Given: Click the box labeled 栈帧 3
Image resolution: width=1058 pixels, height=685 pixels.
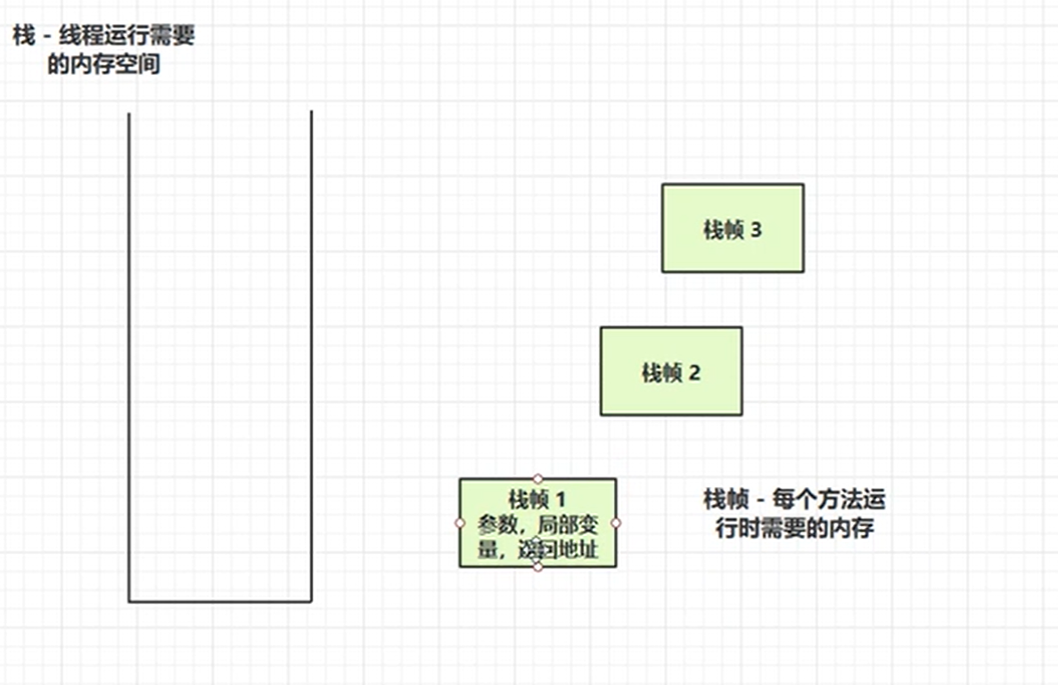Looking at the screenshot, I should coord(733,228).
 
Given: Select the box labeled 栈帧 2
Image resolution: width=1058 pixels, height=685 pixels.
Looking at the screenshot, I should coord(671,371).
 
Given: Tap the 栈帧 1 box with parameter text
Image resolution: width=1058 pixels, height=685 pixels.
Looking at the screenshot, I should coord(537,523).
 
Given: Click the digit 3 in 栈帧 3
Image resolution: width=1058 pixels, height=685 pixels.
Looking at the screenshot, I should coord(756,230).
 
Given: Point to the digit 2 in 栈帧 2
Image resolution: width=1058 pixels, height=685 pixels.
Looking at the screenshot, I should coord(694,373).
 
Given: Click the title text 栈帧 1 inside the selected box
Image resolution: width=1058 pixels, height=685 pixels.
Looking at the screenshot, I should coord(537,499).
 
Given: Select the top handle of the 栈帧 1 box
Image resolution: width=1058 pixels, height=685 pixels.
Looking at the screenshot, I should coord(537,479).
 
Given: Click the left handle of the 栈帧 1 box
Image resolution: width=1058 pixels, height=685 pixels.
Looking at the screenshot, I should coord(460,523).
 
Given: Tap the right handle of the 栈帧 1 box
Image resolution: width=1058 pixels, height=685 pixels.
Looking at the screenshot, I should coord(616,523).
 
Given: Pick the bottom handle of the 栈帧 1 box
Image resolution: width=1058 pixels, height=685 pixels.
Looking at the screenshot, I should coord(537,566).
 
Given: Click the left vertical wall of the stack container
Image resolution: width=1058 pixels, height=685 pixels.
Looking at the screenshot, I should coord(129,357).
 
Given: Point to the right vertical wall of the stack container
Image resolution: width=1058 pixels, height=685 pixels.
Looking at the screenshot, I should coord(311,357).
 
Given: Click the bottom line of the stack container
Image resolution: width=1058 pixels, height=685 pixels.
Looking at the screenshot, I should coord(220,601).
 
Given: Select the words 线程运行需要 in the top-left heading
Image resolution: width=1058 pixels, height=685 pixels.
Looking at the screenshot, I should coord(127,37).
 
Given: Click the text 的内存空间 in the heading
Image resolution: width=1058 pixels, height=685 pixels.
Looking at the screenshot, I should coord(104,65).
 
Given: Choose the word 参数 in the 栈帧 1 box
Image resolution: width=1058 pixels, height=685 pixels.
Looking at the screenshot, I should coord(496,524).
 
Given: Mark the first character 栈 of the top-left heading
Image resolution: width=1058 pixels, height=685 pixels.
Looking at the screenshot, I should coord(24,37).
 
